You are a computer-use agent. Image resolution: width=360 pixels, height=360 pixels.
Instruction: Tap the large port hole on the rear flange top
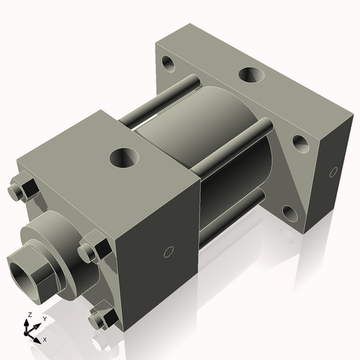(x=251, y=75)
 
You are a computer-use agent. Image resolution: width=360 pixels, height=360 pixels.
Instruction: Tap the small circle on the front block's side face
(x=169, y=251)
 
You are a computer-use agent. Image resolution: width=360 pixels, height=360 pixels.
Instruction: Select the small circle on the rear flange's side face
(x=333, y=171)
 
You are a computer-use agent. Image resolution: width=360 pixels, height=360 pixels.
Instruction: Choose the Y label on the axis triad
(x=44, y=318)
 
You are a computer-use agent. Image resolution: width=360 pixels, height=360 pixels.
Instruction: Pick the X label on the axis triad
(x=45, y=338)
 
